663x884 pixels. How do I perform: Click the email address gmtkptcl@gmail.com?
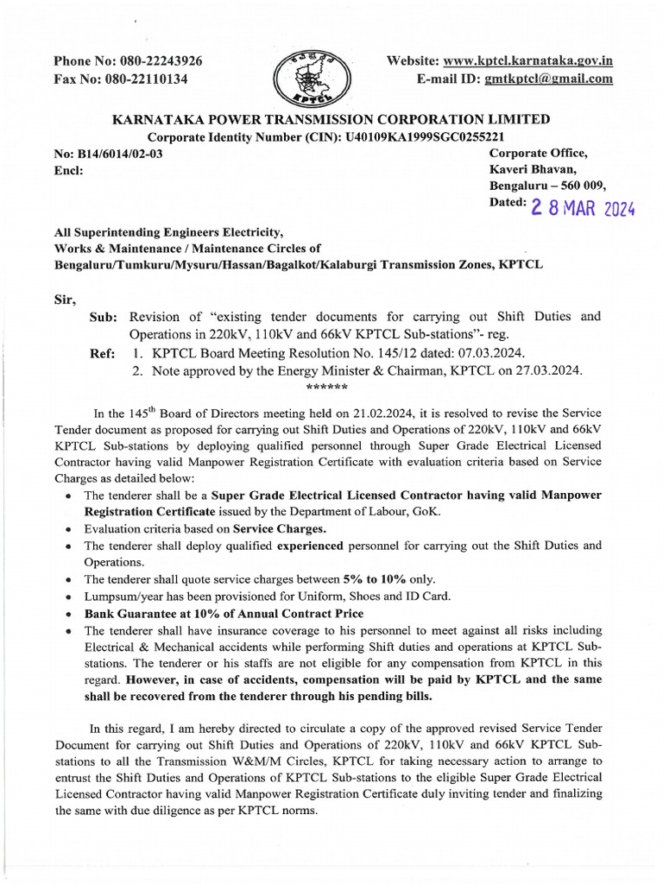(548, 79)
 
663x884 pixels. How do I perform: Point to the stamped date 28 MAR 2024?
(582, 208)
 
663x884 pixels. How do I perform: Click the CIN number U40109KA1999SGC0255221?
(418, 137)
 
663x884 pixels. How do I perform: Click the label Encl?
(68, 170)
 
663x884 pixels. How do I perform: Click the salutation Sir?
(65, 300)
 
